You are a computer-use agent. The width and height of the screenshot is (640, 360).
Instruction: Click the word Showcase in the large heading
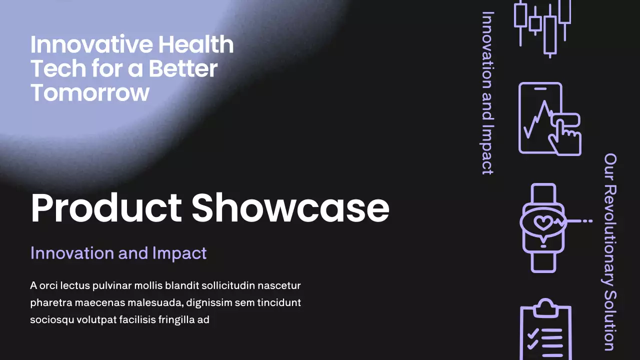[x=290, y=208]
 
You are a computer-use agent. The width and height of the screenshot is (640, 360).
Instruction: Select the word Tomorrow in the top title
[x=90, y=93]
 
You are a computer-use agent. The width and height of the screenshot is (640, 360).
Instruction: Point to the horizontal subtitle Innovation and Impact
[x=118, y=253]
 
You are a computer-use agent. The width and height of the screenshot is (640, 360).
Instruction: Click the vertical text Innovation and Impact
[x=487, y=93]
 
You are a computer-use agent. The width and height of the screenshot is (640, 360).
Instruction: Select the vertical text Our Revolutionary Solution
[x=610, y=252]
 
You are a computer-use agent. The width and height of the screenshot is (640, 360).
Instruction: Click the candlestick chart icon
[x=542, y=25]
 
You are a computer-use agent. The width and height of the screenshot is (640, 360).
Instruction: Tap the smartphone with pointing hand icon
[x=549, y=119]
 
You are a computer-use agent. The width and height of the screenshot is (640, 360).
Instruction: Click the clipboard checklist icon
[x=545, y=330]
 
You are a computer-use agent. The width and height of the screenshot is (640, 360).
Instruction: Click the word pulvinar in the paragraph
[x=110, y=286]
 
